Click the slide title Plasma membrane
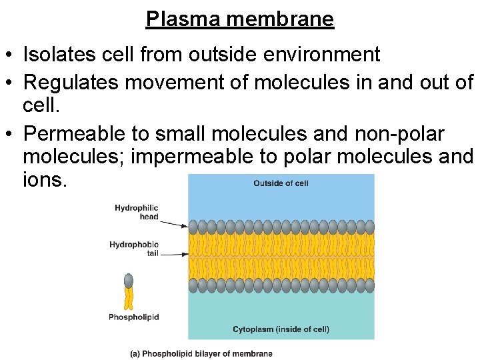(x=240, y=19)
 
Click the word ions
(x=45, y=181)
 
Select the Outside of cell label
(x=281, y=183)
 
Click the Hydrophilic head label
(x=137, y=212)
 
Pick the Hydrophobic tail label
(x=134, y=249)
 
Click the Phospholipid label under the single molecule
(x=134, y=317)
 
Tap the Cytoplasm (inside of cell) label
(x=281, y=329)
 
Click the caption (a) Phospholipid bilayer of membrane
(x=201, y=353)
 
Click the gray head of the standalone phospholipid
(x=129, y=281)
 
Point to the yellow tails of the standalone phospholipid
(x=129, y=299)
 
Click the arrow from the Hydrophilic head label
(x=175, y=222)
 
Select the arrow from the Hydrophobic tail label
(x=175, y=254)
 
